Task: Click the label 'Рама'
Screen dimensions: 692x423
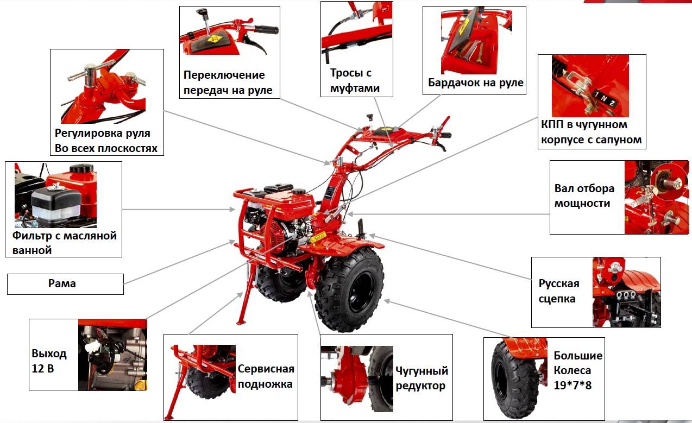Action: tap(62, 283)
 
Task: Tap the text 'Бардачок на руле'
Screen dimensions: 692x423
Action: tap(476, 83)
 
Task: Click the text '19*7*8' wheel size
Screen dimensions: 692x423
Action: tap(573, 386)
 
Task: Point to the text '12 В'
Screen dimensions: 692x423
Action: tap(43, 369)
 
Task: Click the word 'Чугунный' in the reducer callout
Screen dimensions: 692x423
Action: tap(422, 370)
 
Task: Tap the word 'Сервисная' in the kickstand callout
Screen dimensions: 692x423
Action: tap(266, 369)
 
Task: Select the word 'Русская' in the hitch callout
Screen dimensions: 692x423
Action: tap(559, 283)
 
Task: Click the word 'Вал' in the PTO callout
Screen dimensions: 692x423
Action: tap(563, 188)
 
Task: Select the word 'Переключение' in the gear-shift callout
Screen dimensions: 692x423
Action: tap(224, 75)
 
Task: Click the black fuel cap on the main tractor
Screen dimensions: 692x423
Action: tap(298, 192)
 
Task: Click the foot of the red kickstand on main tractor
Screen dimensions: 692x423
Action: tap(241, 323)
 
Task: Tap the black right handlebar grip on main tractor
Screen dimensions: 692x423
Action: tap(446, 135)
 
